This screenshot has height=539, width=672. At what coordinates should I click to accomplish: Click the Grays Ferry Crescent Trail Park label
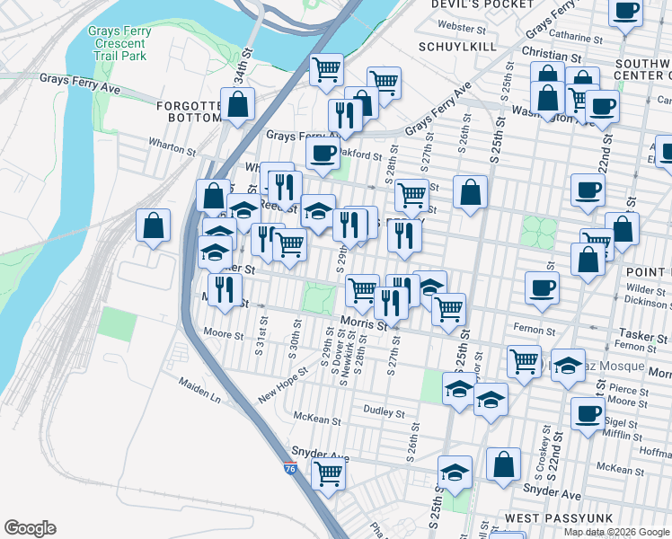point(119,43)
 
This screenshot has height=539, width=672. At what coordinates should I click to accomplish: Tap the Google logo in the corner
point(30,528)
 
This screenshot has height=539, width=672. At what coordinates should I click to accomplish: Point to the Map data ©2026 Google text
point(615,532)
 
